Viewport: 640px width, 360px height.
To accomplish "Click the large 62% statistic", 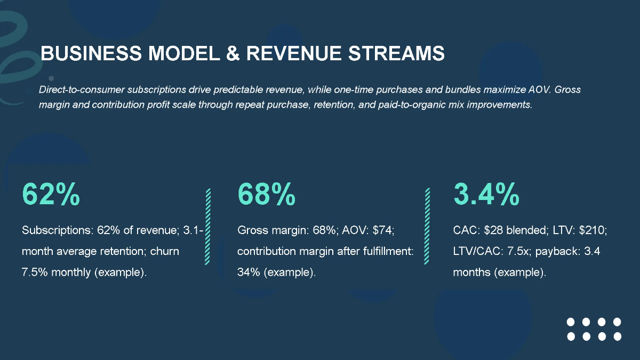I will pos(51,195).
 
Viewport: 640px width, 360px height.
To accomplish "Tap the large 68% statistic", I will pos(266,195).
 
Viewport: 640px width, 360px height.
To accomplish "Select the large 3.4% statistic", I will pos(486,195).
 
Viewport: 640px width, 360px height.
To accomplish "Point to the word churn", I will pos(164,251).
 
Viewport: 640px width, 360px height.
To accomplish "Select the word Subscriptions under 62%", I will pos(57,230).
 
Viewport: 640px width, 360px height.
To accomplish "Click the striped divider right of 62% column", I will pos(207,226).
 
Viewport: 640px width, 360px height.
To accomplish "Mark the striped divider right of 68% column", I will pos(427,226).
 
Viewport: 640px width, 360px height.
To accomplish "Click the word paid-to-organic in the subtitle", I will pos(391,105).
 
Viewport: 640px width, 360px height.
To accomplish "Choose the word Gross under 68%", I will pos(252,230).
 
